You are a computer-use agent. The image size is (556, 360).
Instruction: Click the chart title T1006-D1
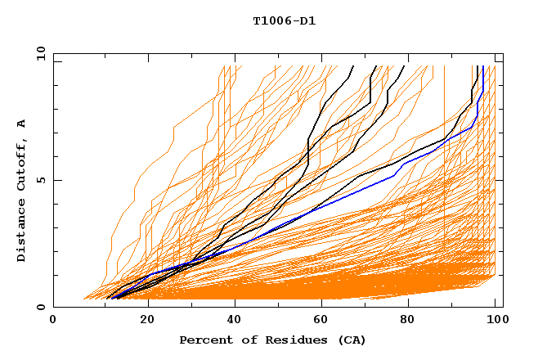click(284, 21)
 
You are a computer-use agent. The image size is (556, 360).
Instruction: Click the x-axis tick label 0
click(53, 321)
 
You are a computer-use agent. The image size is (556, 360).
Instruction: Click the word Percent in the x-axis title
click(204, 340)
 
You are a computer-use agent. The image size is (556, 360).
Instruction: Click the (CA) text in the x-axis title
click(352, 340)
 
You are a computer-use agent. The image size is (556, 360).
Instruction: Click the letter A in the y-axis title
click(22, 124)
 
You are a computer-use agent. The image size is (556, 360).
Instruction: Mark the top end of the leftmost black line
click(352, 65)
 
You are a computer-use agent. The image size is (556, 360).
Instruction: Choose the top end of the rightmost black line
click(478, 65)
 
